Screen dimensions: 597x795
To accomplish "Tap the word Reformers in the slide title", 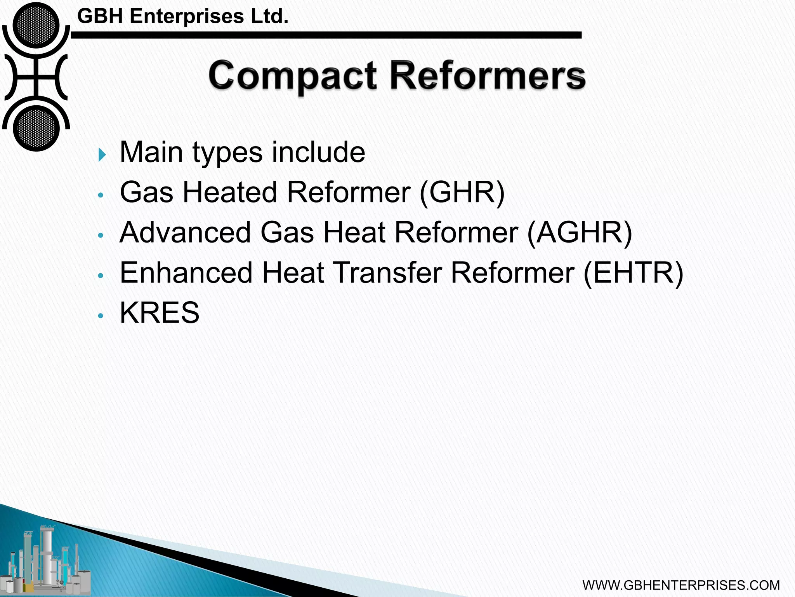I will click(488, 75).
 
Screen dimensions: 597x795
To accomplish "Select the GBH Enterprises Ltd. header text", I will click(183, 16).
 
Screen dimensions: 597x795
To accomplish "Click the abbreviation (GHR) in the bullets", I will click(462, 192).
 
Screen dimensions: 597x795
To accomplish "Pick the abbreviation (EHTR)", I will click(633, 273).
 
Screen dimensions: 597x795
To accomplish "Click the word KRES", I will click(160, 312).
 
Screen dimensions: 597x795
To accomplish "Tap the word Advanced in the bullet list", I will click(186, 232).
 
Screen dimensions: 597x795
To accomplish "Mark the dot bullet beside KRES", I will click(101, 316).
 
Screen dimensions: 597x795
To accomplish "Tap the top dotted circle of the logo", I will click(36, 25).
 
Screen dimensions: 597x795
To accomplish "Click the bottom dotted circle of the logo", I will click(36, 128).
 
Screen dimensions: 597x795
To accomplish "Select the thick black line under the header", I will click(326, 35).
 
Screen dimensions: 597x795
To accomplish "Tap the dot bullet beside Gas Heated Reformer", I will click(101, 196).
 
